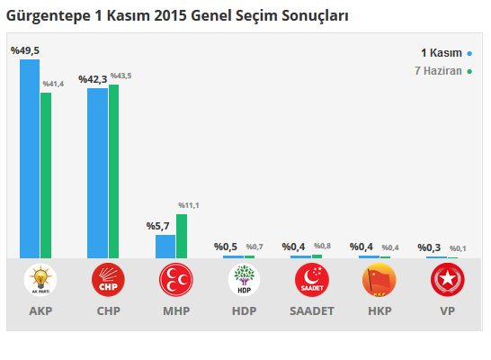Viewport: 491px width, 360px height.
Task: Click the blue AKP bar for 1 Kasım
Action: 30,158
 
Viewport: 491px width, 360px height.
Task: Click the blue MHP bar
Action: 165,247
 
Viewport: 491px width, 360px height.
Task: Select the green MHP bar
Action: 182,236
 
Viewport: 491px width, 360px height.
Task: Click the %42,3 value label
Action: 93,80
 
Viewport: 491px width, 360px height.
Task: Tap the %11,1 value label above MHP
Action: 189,206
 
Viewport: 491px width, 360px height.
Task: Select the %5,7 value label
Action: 158,226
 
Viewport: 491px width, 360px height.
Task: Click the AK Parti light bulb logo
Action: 40,281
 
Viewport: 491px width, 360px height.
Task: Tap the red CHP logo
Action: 108,281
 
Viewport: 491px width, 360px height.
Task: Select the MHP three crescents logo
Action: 176,281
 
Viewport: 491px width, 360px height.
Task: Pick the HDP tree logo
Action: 244,281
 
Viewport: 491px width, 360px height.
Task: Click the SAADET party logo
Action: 312,281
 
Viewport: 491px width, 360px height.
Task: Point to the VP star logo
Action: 447,281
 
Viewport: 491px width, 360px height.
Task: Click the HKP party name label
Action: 379,311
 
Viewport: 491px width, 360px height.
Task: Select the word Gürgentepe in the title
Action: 48,16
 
